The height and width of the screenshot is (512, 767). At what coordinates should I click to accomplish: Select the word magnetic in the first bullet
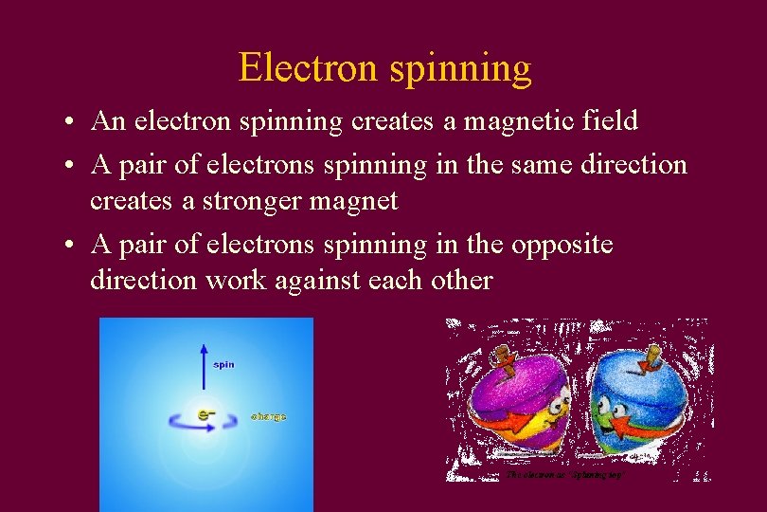[x=499, y=121]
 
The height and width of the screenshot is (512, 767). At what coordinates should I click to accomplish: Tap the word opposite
[x=562, y=245]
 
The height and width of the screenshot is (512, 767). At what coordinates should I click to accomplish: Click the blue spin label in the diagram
[x=223, y=364]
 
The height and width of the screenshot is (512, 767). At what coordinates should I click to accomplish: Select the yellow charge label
[x=268, y=416]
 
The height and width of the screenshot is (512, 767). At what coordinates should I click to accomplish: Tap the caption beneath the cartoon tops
[x=564, y=473]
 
